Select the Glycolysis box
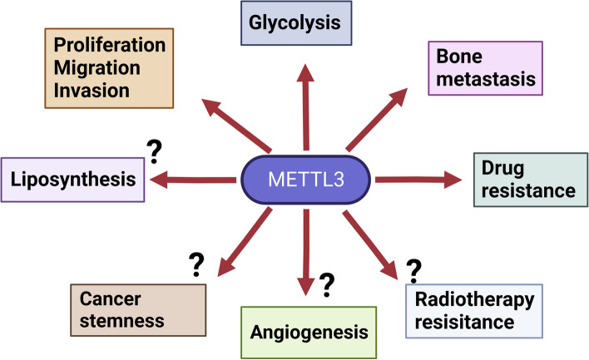(304, 22)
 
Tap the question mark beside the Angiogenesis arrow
(327, 284)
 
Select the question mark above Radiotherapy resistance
(412, 270)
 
